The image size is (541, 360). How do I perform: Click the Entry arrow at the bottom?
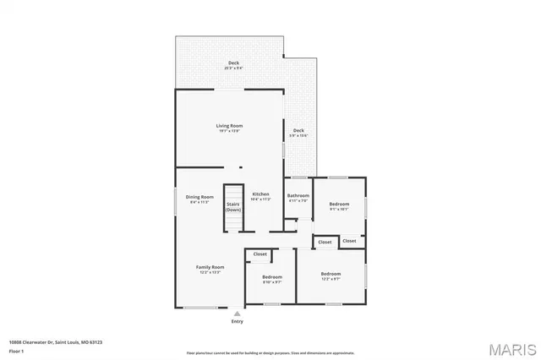point(237,313)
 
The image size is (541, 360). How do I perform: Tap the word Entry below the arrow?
point(237,321)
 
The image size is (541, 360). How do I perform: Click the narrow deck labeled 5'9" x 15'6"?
point(298,131)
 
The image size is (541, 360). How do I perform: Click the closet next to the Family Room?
point(260,254)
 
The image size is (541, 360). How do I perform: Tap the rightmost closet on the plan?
point(349,241)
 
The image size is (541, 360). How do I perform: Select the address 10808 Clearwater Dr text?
point(55,342)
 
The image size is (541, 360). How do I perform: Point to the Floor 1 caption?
point(16,351)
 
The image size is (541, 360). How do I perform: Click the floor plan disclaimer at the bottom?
point(270,353)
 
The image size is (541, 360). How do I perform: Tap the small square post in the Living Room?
point(240,166)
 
